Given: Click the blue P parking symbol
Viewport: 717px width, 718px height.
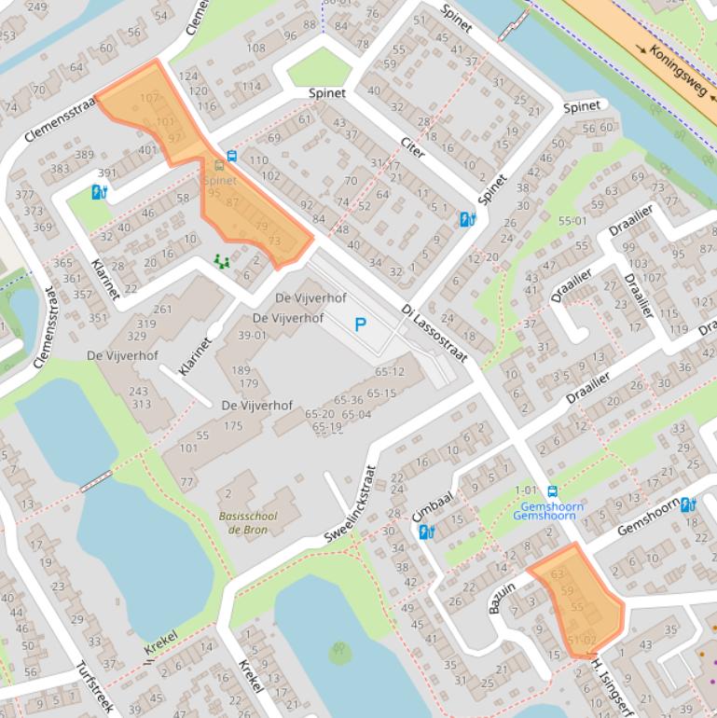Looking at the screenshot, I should (x=360, y=324).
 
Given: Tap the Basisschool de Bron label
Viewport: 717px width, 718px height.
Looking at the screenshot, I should (x=247, y=523).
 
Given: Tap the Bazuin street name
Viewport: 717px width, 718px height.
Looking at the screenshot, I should (x=502, y=594).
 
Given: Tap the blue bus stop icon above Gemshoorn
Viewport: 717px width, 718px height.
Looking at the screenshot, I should (x=552, y=491).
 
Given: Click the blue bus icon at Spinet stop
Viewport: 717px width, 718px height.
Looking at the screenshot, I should (x=231, y=157).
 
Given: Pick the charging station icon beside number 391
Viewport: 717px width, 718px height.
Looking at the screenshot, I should (x=99, y=192).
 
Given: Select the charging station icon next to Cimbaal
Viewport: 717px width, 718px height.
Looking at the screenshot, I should (x=426, y=532).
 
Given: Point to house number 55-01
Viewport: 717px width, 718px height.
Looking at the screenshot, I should (x=572, y=221).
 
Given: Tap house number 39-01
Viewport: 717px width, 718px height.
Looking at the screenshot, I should (x=253, y=336).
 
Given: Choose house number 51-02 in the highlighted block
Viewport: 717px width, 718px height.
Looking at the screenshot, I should (x=581, y=639).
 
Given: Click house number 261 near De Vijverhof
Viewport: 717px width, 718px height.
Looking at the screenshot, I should (x=163, y=310).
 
